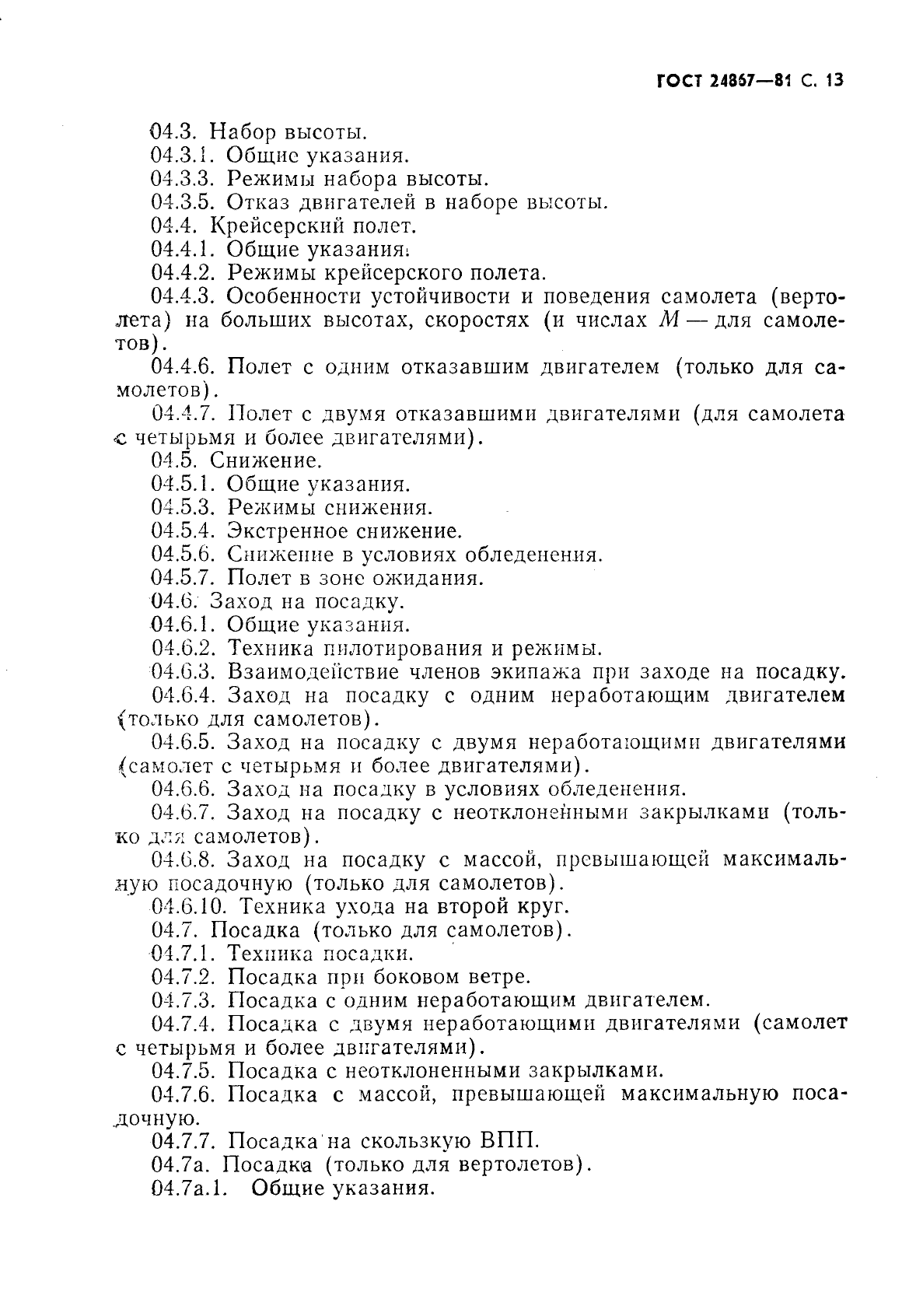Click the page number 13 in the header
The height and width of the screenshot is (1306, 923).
(x=835, y=80)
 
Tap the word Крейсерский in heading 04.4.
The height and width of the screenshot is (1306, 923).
(x=271, y=226)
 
